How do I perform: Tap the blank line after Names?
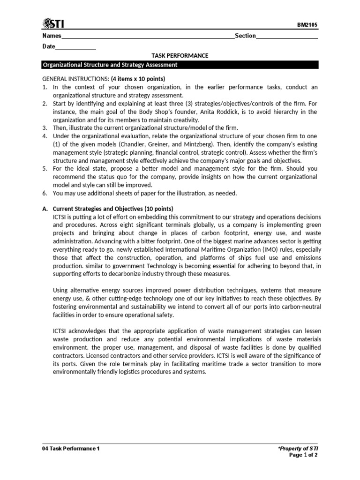[148, 37]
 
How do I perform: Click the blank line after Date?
[75, 47]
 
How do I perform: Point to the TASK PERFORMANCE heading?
[180, 56]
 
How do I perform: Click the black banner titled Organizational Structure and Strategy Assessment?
[180, 65]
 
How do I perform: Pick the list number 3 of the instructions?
[45, 128]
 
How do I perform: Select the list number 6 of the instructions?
[45, 193]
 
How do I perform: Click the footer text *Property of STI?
[298, 449]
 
